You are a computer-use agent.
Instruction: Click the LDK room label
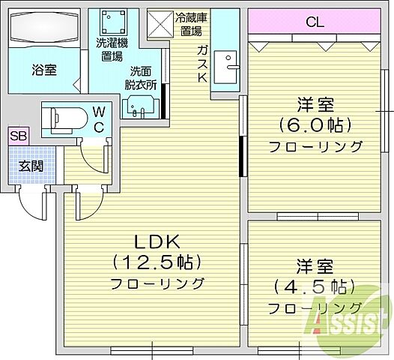(157, 241)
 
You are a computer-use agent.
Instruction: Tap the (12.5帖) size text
(157, 262)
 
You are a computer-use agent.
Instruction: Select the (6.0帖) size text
(315, 124)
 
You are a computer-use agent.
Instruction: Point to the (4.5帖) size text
(315, 286)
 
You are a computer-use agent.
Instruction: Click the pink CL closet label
(315, 22)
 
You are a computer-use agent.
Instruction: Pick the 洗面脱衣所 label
(140, 77)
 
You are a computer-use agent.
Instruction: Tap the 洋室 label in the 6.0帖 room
(315, 104)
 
